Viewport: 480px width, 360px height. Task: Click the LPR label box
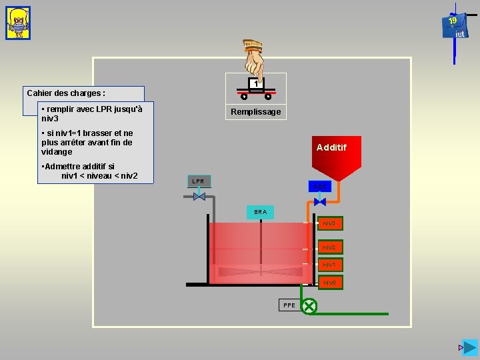point(199,181)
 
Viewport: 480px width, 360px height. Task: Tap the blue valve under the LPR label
point(199,197)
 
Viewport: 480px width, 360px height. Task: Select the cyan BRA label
point(260,212)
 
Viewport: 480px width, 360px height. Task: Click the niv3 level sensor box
point(329,223)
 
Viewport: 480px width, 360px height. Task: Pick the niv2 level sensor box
point(329,247)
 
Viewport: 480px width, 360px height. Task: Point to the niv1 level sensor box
point(329,265)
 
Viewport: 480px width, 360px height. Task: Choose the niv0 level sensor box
point(329,283)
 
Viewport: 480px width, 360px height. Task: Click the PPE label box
point(289,305)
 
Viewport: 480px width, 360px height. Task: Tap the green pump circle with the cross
point(309,306)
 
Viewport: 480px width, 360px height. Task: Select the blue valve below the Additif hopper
point(319,201)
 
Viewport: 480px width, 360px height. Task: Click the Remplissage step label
point(255,112)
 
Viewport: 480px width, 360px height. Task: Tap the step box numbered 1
point(255,84)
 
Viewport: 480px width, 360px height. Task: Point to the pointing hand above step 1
point(255,59)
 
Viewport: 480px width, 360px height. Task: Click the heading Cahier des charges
point(66,93)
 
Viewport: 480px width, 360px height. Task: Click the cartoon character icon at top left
point(17,23)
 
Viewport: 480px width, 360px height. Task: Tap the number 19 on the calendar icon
point(453,21)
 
